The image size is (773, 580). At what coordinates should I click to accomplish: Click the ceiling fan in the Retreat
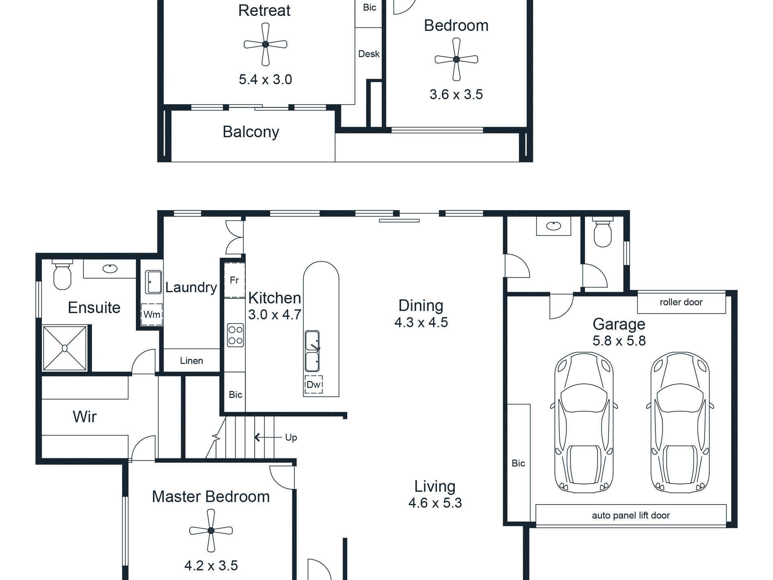[265, 44]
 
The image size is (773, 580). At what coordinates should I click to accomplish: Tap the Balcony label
[251, 132]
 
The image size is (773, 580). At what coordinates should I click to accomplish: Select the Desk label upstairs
[369, 54]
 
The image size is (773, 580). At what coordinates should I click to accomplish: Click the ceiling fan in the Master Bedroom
[211, 530]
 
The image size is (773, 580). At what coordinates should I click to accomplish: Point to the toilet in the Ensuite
[62, 274]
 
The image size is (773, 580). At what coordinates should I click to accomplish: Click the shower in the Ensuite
[65, 348]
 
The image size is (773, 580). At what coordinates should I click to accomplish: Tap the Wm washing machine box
[152, 314]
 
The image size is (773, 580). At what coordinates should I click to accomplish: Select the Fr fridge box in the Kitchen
[234, 280]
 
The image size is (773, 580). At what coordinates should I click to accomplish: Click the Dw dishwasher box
[313, 384]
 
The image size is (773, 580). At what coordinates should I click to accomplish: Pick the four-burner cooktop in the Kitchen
[235, 335]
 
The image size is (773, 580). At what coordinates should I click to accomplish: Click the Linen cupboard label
[192, 361]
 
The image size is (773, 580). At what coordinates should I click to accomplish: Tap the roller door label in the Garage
[681, 302]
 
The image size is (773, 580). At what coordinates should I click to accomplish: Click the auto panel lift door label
[631, 515]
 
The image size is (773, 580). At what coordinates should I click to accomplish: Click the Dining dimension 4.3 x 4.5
[421, 322]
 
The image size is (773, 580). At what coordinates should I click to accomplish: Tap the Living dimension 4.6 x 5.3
[435, 503]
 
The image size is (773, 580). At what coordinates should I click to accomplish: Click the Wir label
[85, 416]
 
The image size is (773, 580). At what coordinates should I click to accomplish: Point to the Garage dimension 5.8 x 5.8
[619, 341]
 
